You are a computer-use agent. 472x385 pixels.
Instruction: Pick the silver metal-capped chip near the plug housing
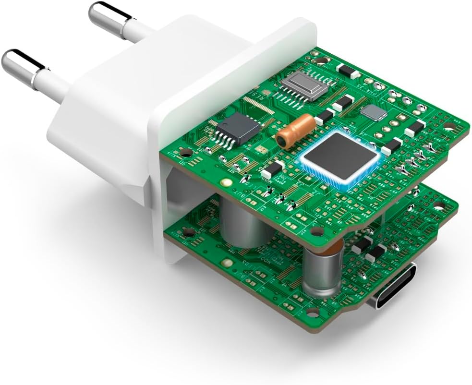[x=304, y=85]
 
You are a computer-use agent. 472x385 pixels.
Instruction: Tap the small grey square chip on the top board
[x=374, y=113]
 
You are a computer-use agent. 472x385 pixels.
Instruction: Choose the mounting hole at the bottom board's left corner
[x=189, y=232]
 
